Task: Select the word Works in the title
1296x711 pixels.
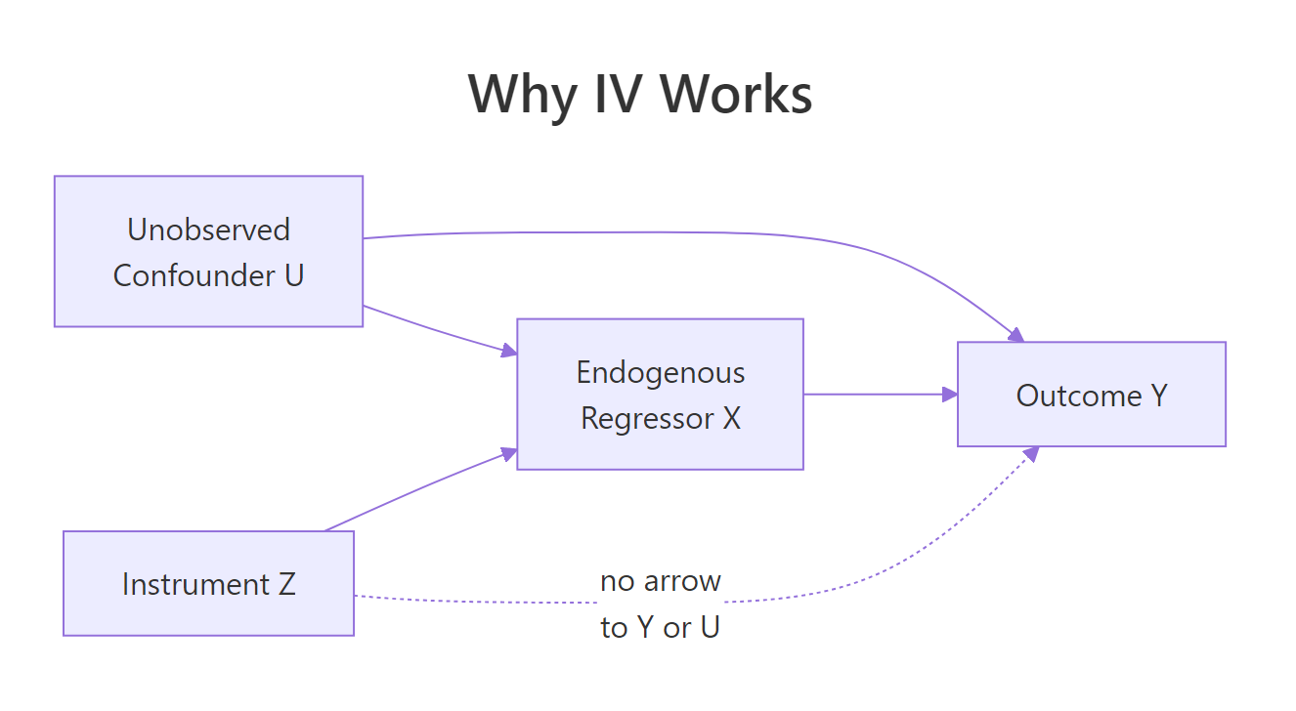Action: point(736,95)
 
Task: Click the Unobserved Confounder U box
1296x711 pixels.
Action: point(208,251)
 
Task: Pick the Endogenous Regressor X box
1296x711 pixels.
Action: point(660,394)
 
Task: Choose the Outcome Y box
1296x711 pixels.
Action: point(1091,395)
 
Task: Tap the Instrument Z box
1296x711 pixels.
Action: point(208,583)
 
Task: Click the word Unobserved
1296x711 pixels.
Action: point(208,230)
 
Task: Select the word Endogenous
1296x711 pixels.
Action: point(660,372)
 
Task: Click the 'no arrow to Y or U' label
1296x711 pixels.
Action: point(660,605)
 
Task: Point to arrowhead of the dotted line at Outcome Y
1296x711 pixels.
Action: point(1030,453)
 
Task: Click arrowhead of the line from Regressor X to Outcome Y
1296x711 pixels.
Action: point(949,395)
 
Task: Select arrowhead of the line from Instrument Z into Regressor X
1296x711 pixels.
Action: point(508,453)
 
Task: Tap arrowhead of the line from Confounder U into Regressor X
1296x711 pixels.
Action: point(508,351)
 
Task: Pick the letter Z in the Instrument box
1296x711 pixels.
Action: point(286,584)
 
